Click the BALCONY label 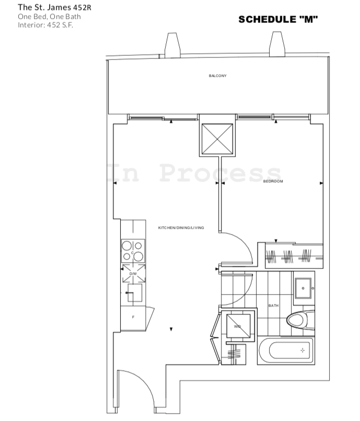pyautogui.click(x=217, y=76)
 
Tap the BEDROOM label pyautogui.click(x=273, y=181)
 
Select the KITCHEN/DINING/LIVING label pyautogui.click(x=181, y=228)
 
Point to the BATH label pyautogui.click(x=273, y=306)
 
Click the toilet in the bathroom pyautogui.click(x=300, y=320)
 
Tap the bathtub pyautogui.click(x=286, y=350)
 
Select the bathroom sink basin pyautogui.click(x=304, y=288)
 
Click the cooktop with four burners pyautogui.click(x=133, y=251)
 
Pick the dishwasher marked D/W pyautogui.click(x=134, y=274)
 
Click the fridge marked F pyautogui.click(x=133, y=318)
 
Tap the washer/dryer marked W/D pyautogui.click(x=238, y=326)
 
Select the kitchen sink pyautogui.click(x=134, y=293)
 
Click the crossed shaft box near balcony pyautogui.click(x=217, y=139)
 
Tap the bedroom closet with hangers pyautogui.click(x=294, y=256)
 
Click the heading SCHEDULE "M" pyautogui.click(x=278, y=19)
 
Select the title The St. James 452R pyautogui.click(x=54, y=7)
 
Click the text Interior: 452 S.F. pyautogui.click(x=45, y=25)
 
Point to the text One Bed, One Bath pyautogui.click(x=49, y=17)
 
